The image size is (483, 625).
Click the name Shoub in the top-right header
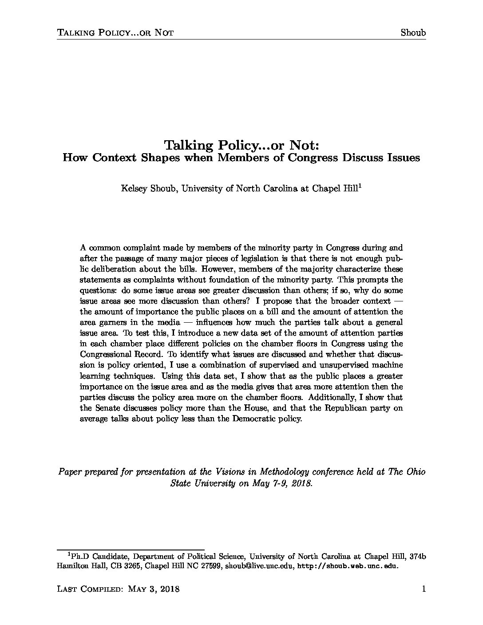[413, 32]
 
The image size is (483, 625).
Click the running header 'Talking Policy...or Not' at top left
[115, 32]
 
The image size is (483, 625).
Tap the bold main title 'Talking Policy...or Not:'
[241, 145]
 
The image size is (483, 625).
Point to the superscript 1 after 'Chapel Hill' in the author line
[359, 186]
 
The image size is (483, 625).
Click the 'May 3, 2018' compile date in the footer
[154, 589]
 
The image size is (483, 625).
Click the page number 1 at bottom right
[424, 589]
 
